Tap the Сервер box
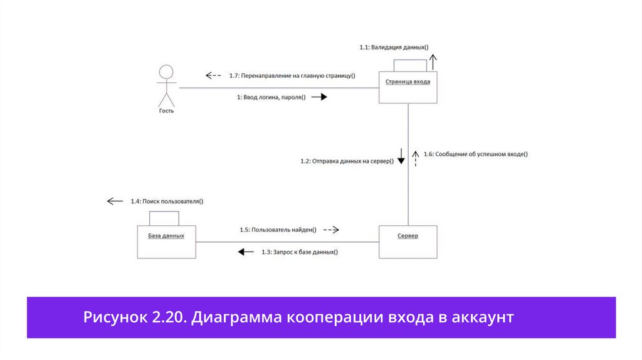click(408, 241)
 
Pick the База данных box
click(166, 241)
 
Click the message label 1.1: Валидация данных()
click(394, 47)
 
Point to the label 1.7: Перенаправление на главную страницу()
click(292, 76)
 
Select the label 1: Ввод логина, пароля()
click(271, 97)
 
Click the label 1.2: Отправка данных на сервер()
click(347, 161)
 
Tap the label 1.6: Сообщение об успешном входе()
click(475, 154)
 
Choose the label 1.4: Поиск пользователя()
click(167, 201)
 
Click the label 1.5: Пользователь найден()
click(278, 230)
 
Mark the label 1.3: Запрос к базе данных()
click(300, 252)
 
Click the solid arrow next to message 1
click(320, 97)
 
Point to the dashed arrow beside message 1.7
click(213, 76)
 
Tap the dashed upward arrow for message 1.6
click(414, 157)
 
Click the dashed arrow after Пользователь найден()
click(331, 230)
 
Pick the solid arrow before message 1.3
click(245, 252)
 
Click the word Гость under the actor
click(166, 111)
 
